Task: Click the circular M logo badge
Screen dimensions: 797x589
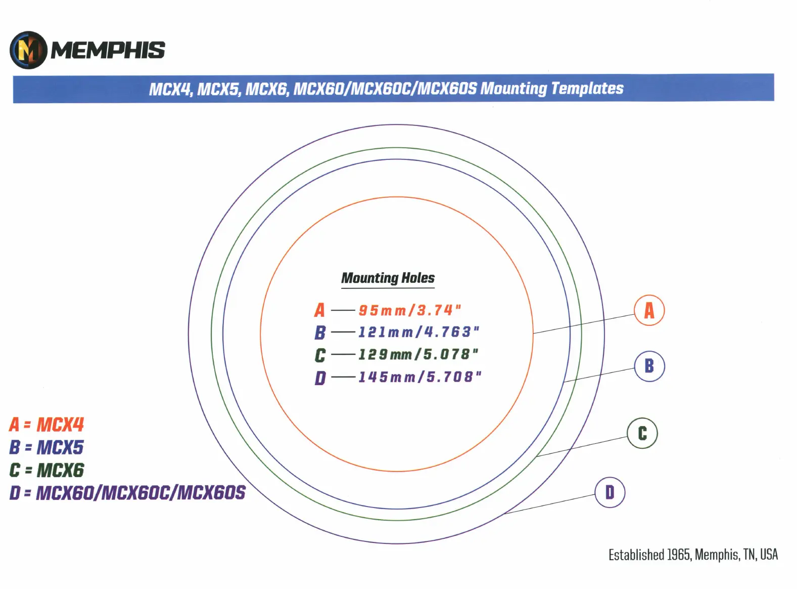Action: point(28,50)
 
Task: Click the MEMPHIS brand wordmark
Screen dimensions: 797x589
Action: point(108,50)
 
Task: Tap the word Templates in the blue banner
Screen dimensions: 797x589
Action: point(587,89)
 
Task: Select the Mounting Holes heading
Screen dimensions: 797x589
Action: point(388,278)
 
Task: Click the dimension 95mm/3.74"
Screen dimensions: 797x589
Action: point(410,310)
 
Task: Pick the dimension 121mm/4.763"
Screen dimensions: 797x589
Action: point(419,332)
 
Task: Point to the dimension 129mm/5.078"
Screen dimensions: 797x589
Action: point(418,355)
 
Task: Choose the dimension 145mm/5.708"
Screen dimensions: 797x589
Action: point(420,377)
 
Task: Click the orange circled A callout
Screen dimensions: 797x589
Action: point(649,310)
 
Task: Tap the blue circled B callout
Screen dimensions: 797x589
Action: point(649,366)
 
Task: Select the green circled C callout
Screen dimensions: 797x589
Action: point(642,433)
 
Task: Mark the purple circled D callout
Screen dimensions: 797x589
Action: point(610,492)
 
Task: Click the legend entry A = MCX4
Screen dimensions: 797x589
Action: point(46,425)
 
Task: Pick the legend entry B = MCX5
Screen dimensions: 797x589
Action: point(46,447)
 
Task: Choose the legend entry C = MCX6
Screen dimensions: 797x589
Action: point(46,470)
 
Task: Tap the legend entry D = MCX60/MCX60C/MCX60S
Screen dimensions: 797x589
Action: point(127,493)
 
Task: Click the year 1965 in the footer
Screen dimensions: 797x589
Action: point(679,555)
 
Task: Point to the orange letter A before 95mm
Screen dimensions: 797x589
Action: point(319,310)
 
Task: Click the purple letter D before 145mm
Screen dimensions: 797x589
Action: point(320,377)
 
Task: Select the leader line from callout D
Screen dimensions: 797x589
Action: point(550,504)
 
